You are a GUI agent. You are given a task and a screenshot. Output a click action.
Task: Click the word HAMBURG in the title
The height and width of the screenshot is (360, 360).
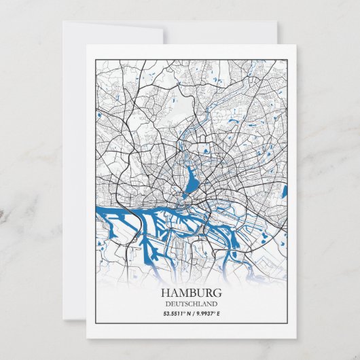click(x=192, y=293)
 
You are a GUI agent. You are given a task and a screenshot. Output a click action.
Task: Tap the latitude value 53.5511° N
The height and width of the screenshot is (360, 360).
click(x=177, y=313)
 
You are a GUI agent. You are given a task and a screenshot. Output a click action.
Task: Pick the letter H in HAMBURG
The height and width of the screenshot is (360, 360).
click(x=166, y=293)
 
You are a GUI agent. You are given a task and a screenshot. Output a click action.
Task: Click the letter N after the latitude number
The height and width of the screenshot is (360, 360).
click(x=188, y=313)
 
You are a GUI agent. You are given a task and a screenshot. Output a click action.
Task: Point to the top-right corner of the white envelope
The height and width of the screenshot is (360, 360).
click(x=276, y=21)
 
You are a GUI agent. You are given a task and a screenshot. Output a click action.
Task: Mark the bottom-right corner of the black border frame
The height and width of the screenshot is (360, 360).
click(x=287, y=329)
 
